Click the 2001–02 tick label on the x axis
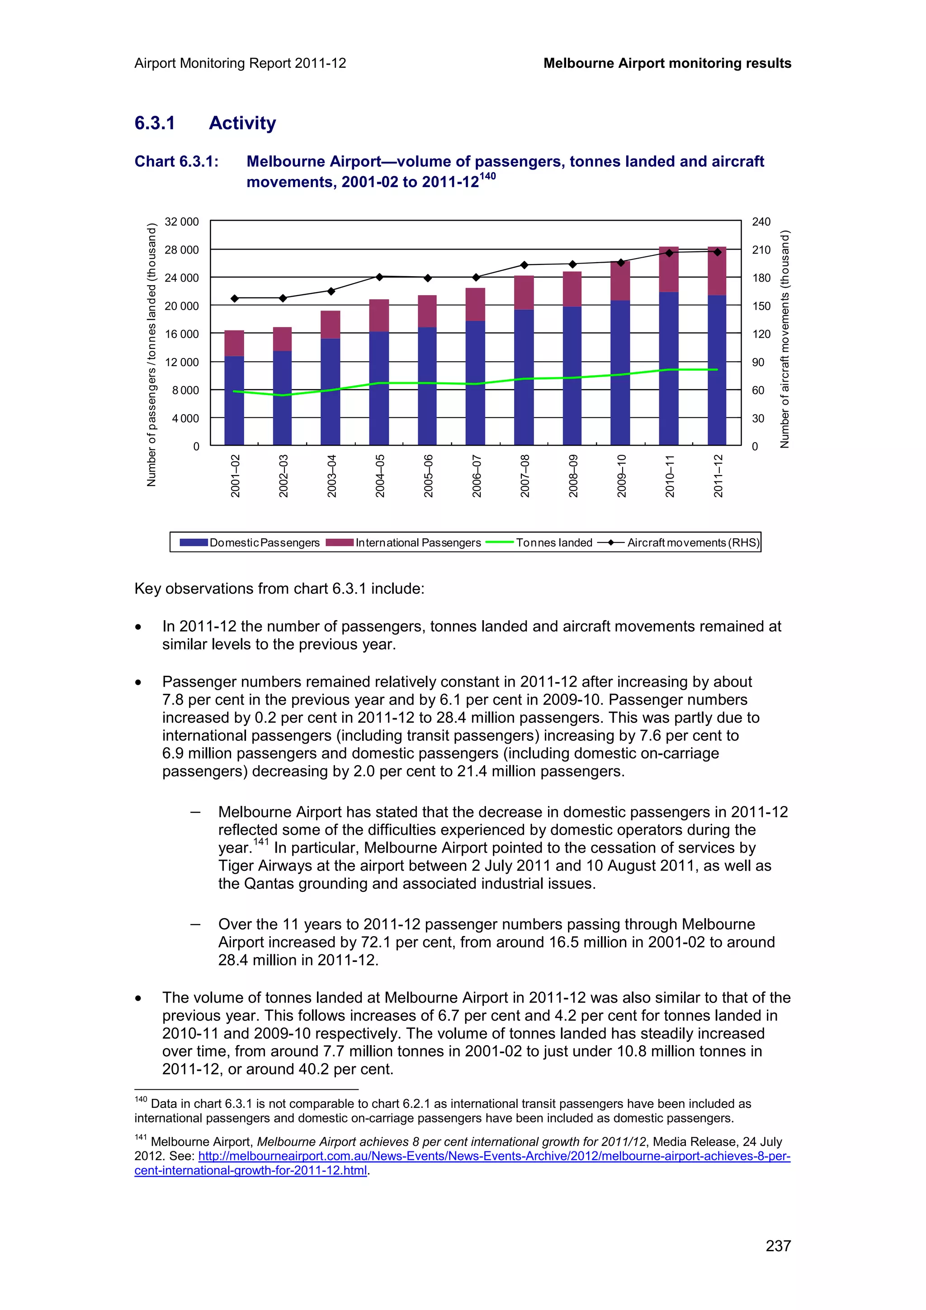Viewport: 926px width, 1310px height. click(235, 476)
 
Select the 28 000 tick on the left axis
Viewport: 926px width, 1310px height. click(181, 250)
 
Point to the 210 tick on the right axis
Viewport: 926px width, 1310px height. click(761, 250)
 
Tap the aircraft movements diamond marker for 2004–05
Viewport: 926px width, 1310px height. click(379, 277)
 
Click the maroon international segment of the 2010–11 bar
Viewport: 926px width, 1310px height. click(669, 269)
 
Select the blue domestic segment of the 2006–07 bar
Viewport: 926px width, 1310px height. click(475, 382)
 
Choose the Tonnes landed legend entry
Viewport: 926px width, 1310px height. click(539, 542)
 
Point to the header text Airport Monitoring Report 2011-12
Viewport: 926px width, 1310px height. click(240, 63)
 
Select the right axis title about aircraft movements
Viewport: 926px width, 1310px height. click(784, 339)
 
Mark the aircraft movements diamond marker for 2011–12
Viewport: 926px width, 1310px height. click(717, 252)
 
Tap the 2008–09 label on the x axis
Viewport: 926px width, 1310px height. click(573, 476)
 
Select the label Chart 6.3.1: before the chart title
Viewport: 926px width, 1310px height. click(176, 161)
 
